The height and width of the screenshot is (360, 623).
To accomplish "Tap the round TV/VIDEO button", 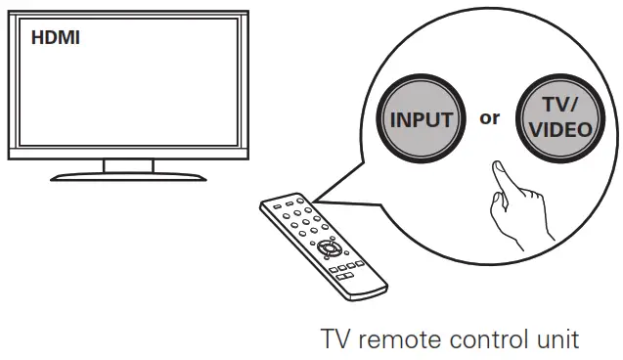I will coord(558,120).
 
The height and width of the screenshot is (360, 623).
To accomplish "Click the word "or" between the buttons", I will coord(489,118).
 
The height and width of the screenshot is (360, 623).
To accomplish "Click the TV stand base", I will coord(128,176).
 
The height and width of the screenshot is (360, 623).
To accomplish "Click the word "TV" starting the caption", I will coord(335,340).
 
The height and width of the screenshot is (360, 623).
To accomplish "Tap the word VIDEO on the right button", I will coord(558,129).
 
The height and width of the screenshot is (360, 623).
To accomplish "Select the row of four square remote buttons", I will coord(344,267).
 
